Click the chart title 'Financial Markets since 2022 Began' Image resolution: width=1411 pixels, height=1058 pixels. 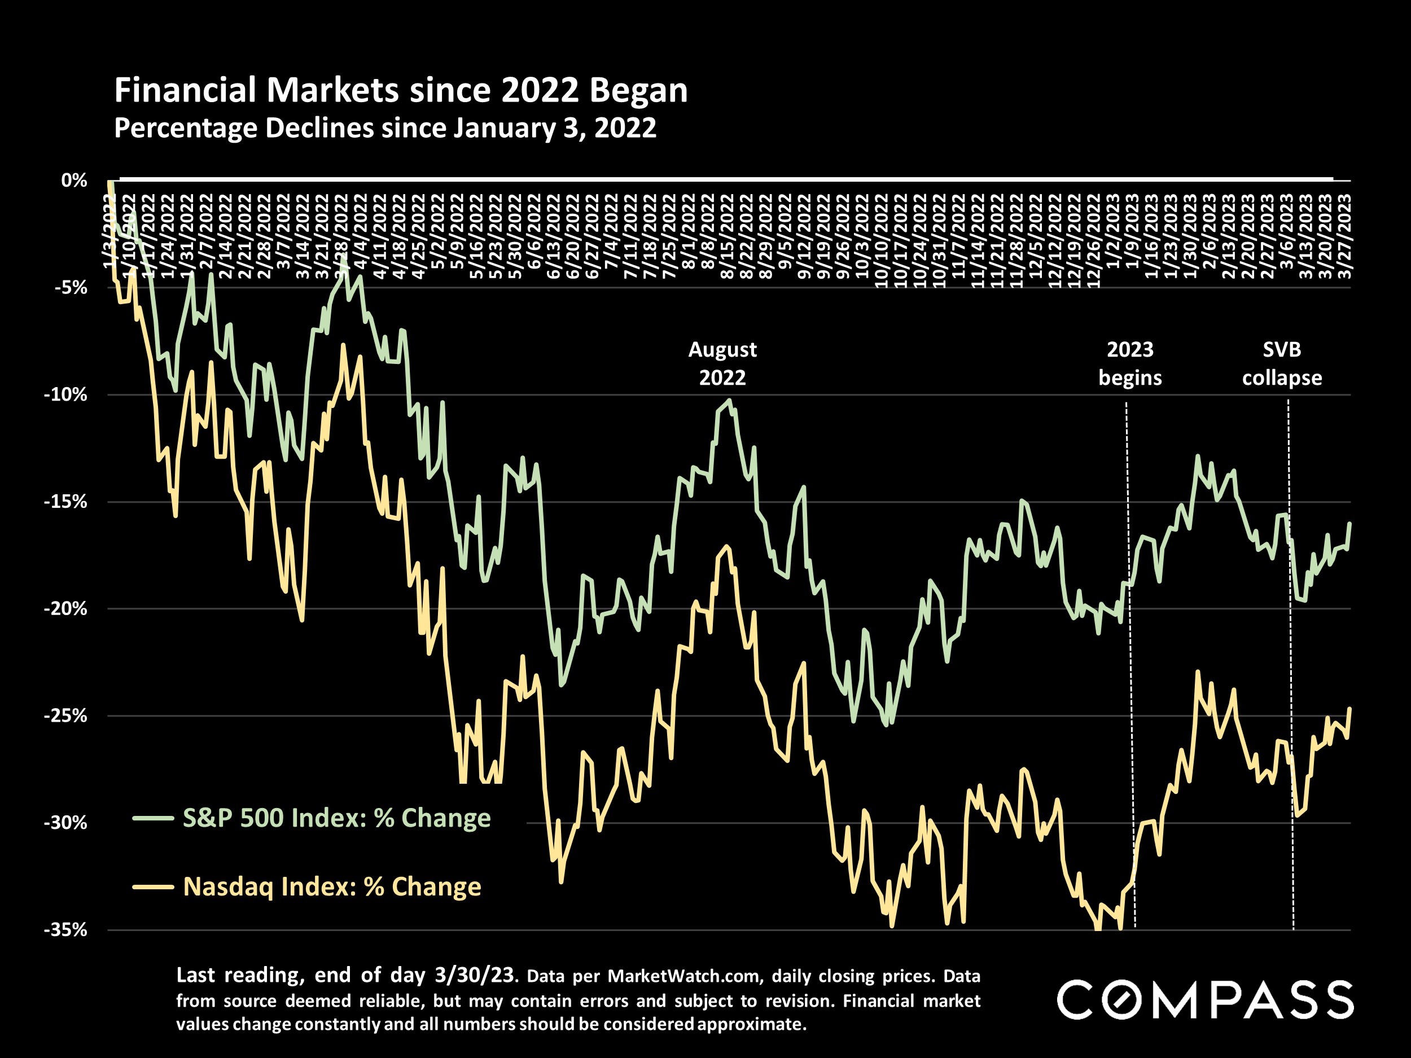401,90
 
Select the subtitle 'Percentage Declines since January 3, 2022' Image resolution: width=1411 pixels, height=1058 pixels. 385,128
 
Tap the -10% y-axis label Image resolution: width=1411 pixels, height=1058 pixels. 65,395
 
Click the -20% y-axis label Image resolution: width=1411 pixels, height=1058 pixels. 65,608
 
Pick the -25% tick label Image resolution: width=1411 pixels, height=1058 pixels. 65,715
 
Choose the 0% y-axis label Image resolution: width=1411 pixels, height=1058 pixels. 74,181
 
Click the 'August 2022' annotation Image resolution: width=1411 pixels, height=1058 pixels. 722,363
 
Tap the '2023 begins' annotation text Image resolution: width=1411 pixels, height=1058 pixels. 1130,363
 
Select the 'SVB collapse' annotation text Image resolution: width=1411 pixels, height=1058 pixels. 1282,363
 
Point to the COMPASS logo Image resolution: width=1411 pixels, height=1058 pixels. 1206,1000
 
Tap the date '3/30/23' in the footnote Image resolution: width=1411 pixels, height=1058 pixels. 474,974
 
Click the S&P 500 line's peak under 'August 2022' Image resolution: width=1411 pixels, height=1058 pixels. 729,401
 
